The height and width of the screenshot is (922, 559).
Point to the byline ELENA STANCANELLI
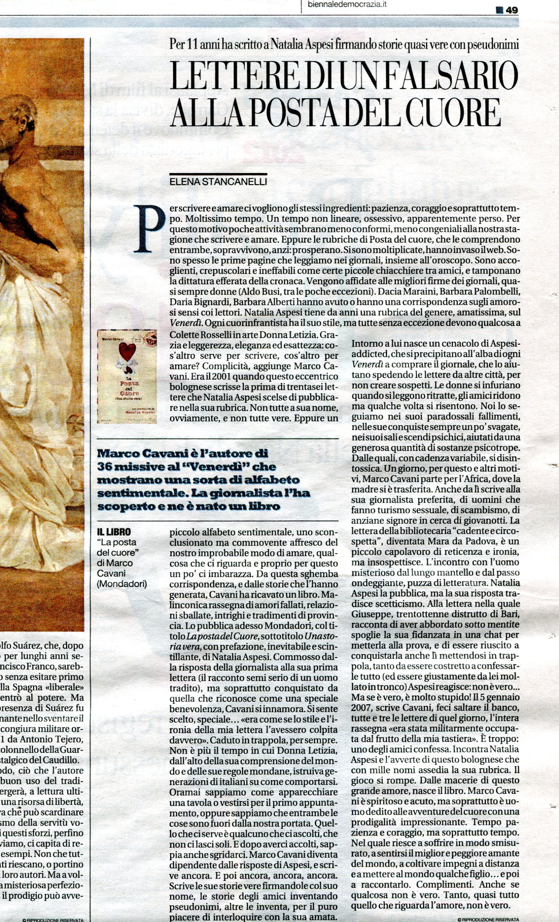218,182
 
